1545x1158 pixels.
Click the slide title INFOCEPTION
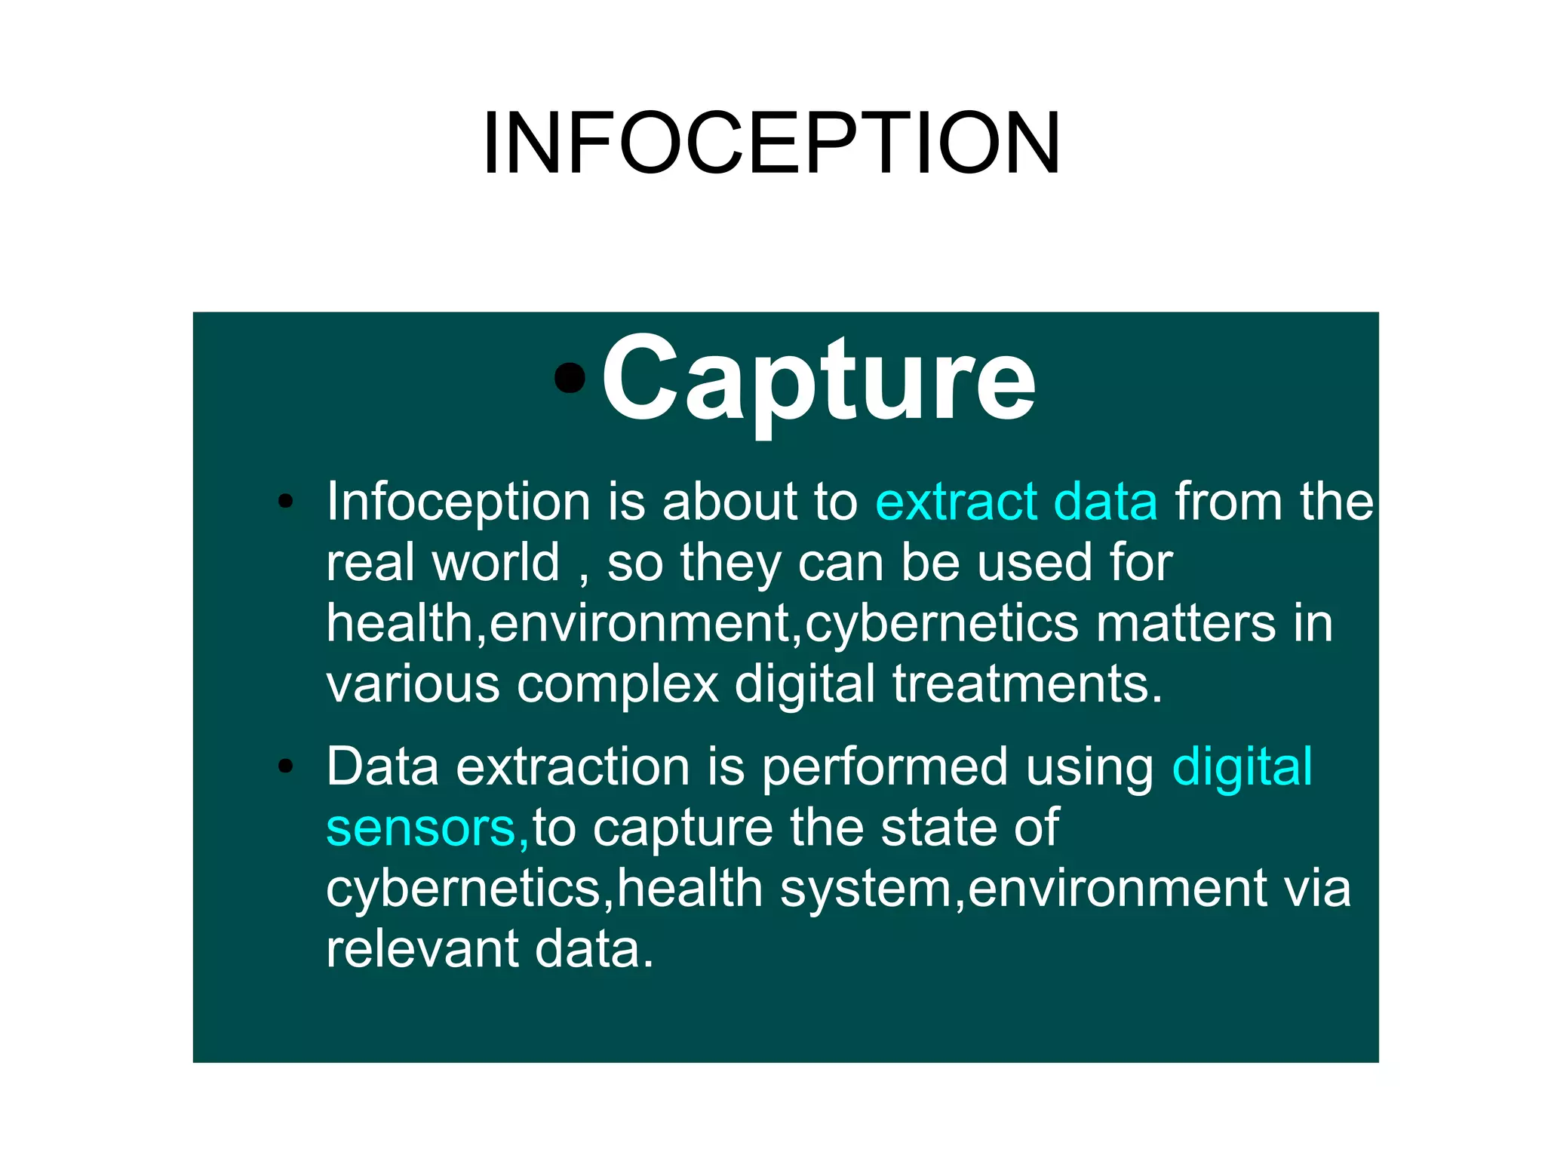pyautogui.click(x=772, y=143)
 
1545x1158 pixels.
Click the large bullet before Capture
pyautogui.click(x=570, y=377)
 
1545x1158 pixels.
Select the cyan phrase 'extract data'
pyautogui.click(x=1016, y=502)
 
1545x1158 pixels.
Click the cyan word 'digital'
pyautogui.click(x=1242, y=767)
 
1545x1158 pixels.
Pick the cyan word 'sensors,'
pyautogui.click(x=428, y=828)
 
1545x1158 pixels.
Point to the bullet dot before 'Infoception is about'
pyautogui.click(x=285, y=502)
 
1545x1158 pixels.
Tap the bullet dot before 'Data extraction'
pyautogui.click(x=285, y=766)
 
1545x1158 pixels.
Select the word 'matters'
pyautogui.click(x=1185, y=624)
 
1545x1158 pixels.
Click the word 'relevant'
pyautogui.click(x=422, y=949)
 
